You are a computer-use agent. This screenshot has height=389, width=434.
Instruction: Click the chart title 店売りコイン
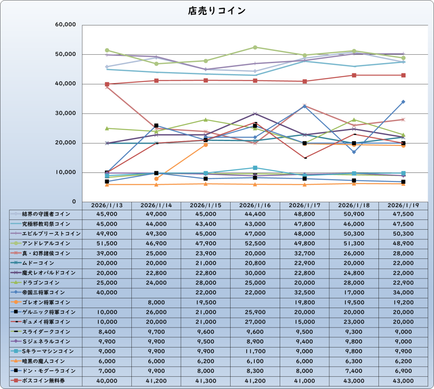[x=217, y=11]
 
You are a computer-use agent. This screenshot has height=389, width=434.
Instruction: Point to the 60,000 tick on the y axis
[x=65, y=25]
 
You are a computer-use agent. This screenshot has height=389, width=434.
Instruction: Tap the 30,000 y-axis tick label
[x=65, y=114]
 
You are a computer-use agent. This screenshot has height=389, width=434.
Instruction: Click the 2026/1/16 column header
[x=255, y=205]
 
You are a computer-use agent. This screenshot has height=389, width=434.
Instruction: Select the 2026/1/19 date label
[x=403, y=205]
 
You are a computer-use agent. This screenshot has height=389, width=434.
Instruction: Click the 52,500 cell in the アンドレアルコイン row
[x=255, y=244]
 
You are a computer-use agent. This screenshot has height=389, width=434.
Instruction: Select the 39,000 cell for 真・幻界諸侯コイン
[x=106, y=253]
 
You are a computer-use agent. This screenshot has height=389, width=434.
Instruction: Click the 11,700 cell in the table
[x=255, y=351]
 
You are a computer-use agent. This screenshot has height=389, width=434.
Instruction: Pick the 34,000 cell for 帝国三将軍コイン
[x=403, y=292]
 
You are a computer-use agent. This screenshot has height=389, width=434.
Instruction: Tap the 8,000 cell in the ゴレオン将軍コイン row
[x=156, y=303]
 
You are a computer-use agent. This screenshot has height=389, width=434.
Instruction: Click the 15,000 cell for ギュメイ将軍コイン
[x=304, y=322]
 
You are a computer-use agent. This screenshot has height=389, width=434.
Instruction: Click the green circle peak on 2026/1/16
[x=255, y=47]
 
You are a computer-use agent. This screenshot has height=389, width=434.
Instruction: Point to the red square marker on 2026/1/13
[x=107, y=84]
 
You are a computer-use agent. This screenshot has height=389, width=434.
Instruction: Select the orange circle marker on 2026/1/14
[x=156, y=179]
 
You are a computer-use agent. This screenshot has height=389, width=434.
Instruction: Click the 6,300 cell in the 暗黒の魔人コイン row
[x=354, y=361]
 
